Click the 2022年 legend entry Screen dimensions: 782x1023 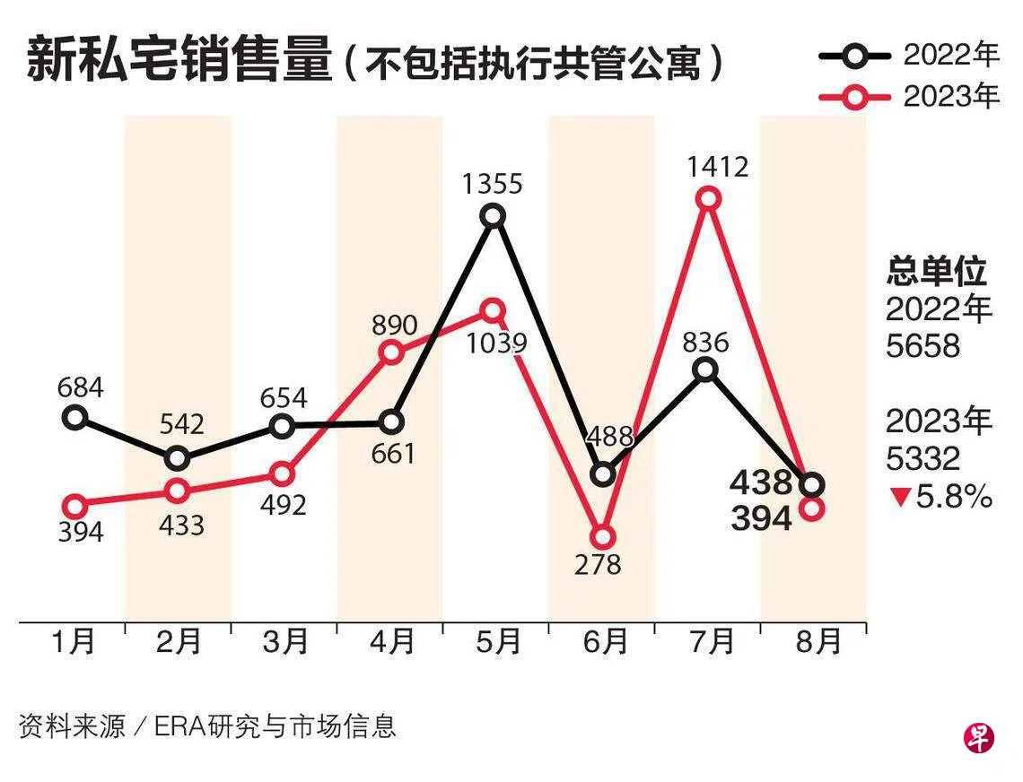[x=908, y=56]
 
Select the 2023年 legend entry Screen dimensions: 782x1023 [x=908, y=97]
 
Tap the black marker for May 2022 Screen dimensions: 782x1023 [x=493, y=215]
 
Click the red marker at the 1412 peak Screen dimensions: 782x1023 [x=709, y=198]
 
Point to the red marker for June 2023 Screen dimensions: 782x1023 [x=603, y=537]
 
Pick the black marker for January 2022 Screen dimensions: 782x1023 [x=75, y=417]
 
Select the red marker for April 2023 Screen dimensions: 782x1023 [x=391, y=352]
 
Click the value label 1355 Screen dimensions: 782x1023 [x=493, y=184]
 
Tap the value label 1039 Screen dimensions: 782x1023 [x=492, y=343]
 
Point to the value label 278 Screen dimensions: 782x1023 [x=601, y=565]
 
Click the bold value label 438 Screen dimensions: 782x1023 [x=761, y=483]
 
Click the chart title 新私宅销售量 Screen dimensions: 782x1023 [x=179, y=62]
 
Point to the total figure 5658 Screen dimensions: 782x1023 [x=922, y=346]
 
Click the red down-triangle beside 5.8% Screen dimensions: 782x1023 [x=899, y=497]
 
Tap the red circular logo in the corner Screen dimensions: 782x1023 [x=979, y=738]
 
